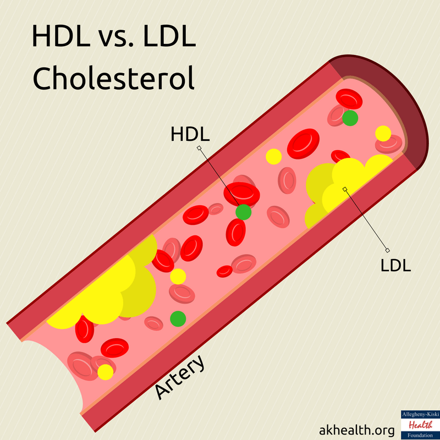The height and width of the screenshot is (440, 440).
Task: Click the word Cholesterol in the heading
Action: (113, 79)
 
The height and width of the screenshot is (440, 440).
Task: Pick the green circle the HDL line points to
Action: (244, 212)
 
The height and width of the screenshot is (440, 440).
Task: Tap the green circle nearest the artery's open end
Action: (350, 118)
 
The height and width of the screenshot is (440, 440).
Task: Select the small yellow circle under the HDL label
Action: (273, 157)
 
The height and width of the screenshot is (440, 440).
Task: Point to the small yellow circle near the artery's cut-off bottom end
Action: (105, 372)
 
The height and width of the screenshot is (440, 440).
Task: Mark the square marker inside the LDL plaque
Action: (345, 189)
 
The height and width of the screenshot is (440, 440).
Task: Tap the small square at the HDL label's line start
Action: (199, 148)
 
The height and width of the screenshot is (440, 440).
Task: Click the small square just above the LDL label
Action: (387, 249)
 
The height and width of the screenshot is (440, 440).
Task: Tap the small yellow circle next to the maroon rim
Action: (383, 133)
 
